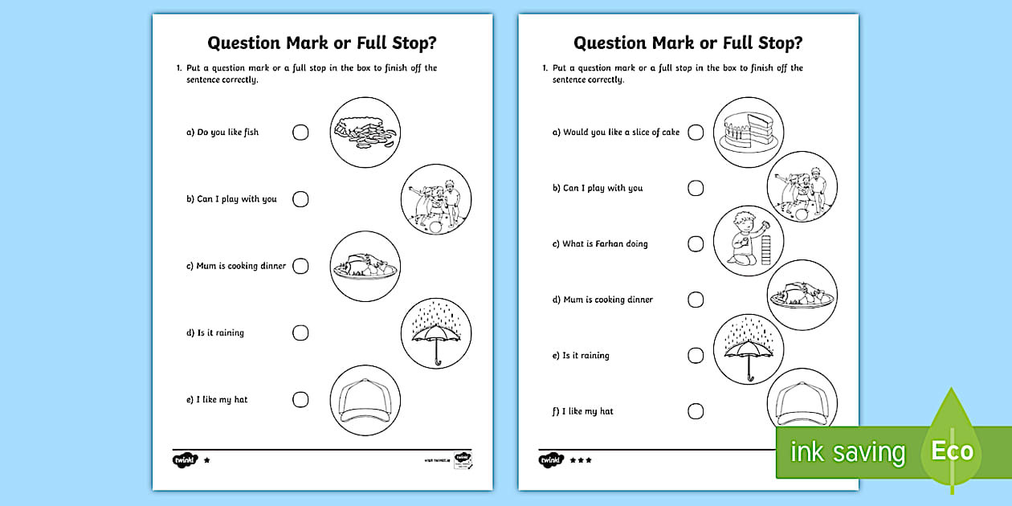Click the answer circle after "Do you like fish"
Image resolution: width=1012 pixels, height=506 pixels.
click(x=300, y=133)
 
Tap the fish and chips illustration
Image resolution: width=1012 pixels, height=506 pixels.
click(x=365, y=132)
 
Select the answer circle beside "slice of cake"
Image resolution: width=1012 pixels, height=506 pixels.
click(x=696, y=133)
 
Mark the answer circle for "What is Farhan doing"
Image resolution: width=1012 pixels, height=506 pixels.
click(x=696, y=244)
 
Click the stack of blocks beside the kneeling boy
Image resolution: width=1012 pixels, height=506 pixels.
click(x=765, y=244)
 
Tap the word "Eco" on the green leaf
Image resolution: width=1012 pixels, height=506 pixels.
click(x=952, y=451)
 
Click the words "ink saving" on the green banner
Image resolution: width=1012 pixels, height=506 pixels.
click(x=847, y=452)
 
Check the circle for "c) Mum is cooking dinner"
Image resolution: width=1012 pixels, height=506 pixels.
click(x=300, y=266)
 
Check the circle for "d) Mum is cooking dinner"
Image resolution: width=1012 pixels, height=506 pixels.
click(x=696, y=300)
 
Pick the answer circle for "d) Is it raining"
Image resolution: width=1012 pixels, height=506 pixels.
click(x=300, y=333)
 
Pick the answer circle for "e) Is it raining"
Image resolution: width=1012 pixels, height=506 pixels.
click(x=696, y=356)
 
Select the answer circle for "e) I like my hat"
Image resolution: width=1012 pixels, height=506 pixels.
click(x=300, y=399)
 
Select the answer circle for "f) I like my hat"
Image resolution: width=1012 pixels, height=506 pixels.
click(x=696, y=411)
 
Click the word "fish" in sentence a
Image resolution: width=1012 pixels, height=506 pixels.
click(x=251, y=133)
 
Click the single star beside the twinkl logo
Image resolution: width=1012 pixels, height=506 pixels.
click(x=207, y=460)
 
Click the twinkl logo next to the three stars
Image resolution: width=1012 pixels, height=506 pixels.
click(x=550, y=460)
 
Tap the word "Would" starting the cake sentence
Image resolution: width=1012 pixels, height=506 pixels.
click(x=575, y=133)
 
